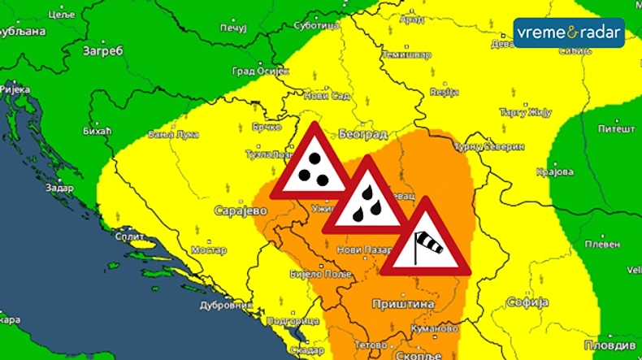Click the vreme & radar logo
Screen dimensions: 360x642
point(569,33)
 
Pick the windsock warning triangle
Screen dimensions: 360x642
point(425,241)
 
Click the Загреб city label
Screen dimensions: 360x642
point(102,50)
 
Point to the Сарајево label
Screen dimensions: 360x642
point(241,210)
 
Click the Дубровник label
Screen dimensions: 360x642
point(227,306)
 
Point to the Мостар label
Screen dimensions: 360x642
point(209,249)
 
